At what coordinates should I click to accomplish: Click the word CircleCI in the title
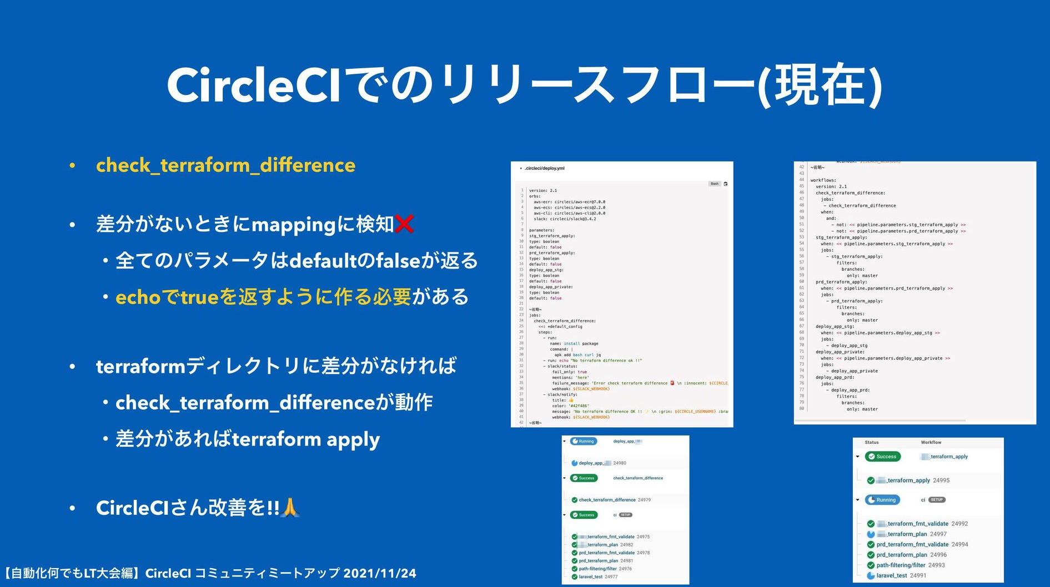click(x=253, y=85)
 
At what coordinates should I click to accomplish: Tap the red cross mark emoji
click(x=405, y=224)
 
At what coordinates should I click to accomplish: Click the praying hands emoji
click(x=290, y=507)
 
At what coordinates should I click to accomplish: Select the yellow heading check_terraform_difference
click(x=225, y=165)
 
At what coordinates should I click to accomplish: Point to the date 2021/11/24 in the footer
click(x=379, y=573)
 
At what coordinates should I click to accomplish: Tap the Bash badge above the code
click(x=714, y=184)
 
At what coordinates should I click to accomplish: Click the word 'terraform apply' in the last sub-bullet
click(x=305, y=439)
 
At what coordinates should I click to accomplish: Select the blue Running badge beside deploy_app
click(x=583, y=441)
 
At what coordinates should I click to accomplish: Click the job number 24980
click(x=620, y=463)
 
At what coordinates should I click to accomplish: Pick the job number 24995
click(x=941, y=480)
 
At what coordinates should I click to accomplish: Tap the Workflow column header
click(x=931, y=442)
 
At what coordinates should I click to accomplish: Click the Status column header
click(x=871, y=442)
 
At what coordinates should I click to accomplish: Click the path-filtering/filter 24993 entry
click(x=910, y=565)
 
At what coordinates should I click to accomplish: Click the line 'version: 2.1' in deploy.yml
click(x=542, y=190)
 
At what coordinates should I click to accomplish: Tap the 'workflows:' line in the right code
click(x=823, y=180)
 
